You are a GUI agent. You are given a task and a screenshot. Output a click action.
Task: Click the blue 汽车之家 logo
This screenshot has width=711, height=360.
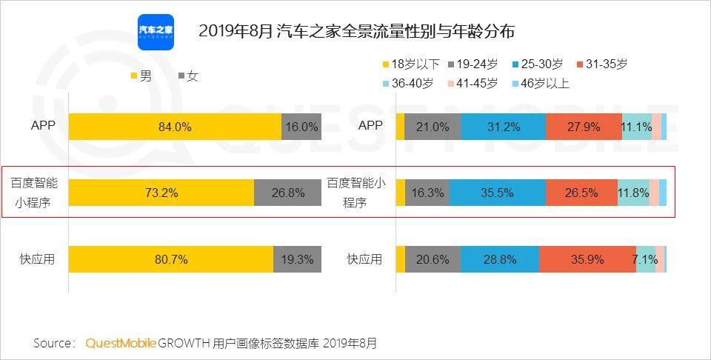click(156, 32)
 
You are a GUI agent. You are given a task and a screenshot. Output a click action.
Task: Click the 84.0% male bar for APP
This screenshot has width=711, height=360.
click(175, 127)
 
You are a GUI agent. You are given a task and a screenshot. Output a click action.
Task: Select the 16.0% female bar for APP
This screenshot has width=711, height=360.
click(301, 127)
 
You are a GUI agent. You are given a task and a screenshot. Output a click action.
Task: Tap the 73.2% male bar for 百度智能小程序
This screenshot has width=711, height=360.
click(161, 193)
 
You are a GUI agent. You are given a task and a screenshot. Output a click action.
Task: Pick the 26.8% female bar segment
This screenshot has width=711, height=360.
click(288, 193)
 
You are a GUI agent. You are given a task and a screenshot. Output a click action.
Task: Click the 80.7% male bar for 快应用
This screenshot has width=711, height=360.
click(171, 259)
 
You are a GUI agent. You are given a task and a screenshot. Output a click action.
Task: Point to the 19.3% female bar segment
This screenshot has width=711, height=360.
click(298, 259)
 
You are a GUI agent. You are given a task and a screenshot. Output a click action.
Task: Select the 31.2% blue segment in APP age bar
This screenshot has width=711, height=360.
click(503, 127)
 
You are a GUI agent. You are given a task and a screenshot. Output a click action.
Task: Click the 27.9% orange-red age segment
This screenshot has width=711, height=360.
click(584, 127)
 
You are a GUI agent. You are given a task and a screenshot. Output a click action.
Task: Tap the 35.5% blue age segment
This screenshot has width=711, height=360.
click(497, 193)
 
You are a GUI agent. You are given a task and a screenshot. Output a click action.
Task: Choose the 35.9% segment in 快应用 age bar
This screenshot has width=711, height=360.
click(587, 259)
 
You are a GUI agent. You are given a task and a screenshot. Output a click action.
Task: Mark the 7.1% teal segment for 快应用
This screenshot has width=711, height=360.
click(646, 259)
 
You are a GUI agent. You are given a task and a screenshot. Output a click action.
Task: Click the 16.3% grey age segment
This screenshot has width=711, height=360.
click(427, 193)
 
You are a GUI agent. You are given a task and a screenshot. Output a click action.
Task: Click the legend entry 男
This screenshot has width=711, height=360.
click(140, 76)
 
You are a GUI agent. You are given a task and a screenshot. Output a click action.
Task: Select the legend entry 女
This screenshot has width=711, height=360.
click(188, 76)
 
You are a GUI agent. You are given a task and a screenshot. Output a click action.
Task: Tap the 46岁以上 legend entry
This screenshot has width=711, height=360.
click(541, 83)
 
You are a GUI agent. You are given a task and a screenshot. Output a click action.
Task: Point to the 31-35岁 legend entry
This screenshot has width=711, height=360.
click(601, 64)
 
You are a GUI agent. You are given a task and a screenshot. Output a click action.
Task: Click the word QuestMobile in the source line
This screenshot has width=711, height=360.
click(121, 343)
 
